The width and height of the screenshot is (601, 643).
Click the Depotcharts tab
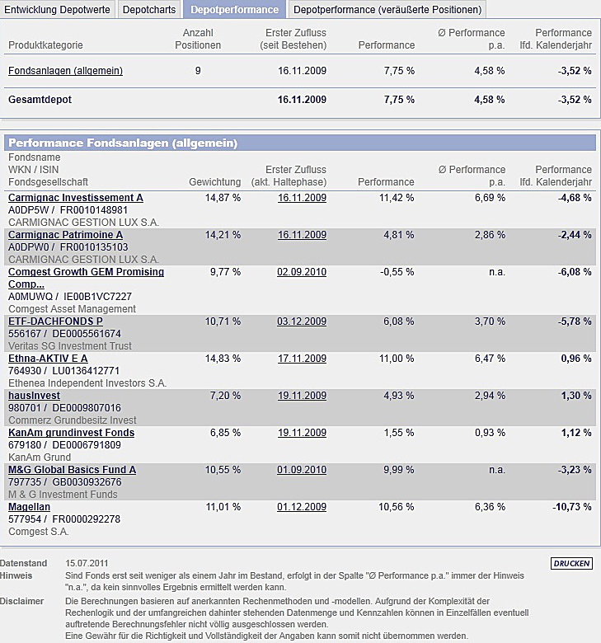coord(149,10)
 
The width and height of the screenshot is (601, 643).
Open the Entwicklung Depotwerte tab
coord(58,10)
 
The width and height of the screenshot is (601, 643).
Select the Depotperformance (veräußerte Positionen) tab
coord(387,10)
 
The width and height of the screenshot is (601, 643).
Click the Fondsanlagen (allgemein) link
coord(65,71)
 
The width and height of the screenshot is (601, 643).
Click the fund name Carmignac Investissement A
coord(75,198)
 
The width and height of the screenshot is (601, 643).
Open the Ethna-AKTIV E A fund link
coord(48,359)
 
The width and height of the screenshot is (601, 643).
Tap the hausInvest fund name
coord(34,396)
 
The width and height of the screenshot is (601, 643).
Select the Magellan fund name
coord(29,507)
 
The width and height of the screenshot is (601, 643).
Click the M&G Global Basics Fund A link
coord(72,470)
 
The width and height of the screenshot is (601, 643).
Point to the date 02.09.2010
coord(302,272)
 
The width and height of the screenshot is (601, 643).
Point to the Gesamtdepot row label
coord(40,100)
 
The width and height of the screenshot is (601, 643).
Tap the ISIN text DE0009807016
coord(87,407)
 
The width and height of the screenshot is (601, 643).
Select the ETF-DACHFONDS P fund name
coord(55,321)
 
